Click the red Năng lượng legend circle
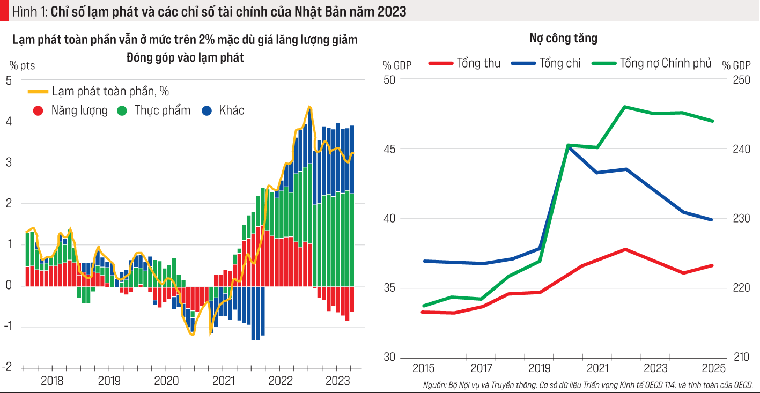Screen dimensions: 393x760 38,111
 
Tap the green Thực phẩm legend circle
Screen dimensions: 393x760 122,111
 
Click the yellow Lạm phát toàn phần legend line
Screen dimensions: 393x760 38,92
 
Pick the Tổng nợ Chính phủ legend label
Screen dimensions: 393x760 666,63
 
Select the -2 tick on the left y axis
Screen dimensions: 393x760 9,367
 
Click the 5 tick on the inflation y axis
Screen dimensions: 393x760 9,80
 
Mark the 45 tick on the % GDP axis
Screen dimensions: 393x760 389,149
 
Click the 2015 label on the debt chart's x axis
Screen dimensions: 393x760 423,369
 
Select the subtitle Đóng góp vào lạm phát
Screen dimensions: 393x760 185,57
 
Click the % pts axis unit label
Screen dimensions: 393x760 21,66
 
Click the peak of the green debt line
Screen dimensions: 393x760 624,106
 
